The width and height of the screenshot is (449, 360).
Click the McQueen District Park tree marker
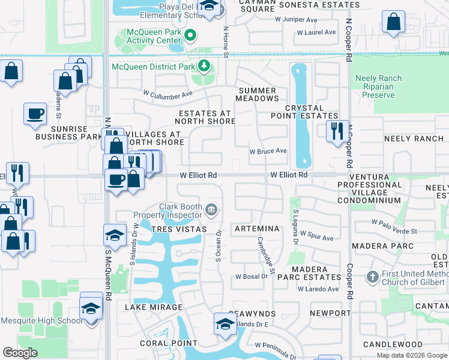pos(205,65)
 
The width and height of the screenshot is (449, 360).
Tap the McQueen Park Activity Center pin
pos(191,35)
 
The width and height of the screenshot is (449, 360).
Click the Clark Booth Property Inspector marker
pos(211,209)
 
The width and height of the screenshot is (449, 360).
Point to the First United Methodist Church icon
pos(372,277)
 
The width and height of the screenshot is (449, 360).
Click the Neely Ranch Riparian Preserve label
pos(382,86)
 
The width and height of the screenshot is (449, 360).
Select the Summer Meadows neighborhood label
pos(256,94)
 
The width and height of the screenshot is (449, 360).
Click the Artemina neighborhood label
pos(257,229)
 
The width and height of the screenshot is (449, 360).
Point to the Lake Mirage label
pos(153,307)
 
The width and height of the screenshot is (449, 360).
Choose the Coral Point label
pos(160,344)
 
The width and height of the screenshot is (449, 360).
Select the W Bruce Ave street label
pos(268,151)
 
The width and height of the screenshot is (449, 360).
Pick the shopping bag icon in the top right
pos(393,23)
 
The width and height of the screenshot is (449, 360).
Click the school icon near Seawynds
pos(225,323)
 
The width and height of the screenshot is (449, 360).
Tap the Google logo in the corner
pos(20,353)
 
